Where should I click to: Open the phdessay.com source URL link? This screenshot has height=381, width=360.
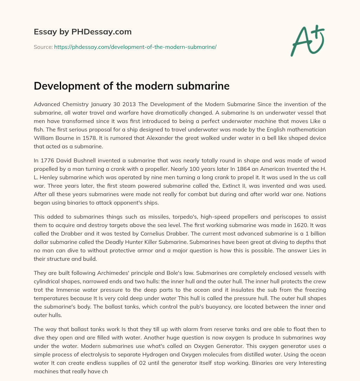pyautogui.click(x=135, y=47)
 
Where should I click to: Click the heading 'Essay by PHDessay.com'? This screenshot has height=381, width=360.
pyautogui.click(x=83, y=32)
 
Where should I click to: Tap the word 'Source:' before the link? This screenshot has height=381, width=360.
pyautogui.click(x=43, y=47)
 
